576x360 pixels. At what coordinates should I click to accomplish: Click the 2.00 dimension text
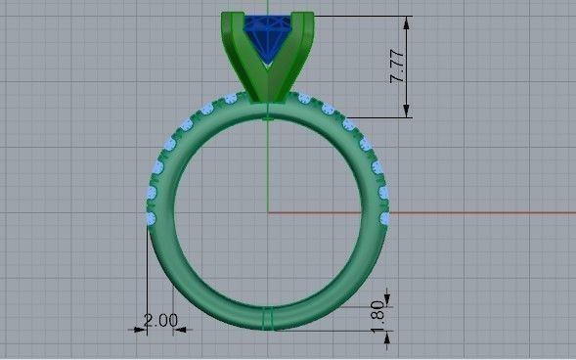pos(160,320)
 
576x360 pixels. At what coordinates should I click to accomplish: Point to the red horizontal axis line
pos(421,211)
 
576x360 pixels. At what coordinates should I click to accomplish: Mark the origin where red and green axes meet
pos(268,211)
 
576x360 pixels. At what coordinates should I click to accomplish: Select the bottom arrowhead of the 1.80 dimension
pos(388,337)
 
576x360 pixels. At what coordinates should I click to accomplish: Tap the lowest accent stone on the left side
pos(149,220)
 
